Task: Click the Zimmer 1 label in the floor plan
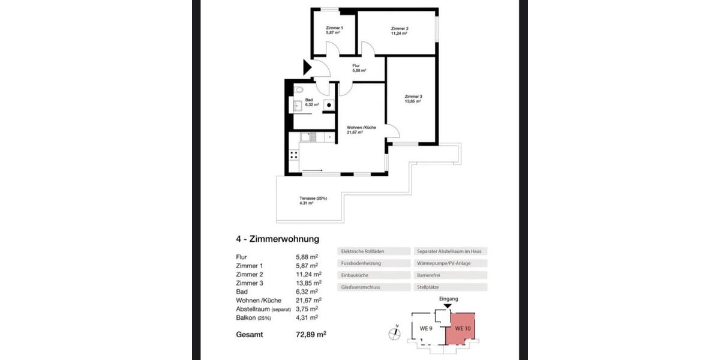[334, 31]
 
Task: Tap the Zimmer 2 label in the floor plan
[399, 31]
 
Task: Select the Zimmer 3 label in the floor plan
[413, 99]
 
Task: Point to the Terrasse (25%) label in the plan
[313, 201]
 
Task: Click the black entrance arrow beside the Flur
[307, 67]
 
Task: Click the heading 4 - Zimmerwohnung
[277, 239]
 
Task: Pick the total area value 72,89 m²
[311, 334]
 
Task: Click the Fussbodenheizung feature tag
[360, 263]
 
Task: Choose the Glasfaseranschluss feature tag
[360, 287]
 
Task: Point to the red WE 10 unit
[461, 328]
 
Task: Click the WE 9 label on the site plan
[426, 329]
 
